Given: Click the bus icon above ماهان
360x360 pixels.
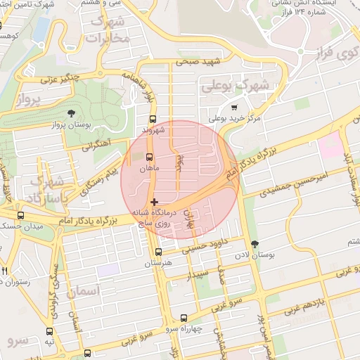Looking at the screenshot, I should tap(149, 157).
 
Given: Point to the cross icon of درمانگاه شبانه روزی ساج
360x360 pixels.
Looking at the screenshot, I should tap(154, 202).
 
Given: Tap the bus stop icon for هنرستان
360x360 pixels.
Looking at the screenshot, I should tap(159, 252).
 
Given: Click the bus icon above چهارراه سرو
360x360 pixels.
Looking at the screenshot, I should tap(184, 318).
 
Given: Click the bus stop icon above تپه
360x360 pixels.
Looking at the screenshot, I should tap(49, 330).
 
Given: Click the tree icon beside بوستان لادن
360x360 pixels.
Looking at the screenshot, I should tap(255, 244).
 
